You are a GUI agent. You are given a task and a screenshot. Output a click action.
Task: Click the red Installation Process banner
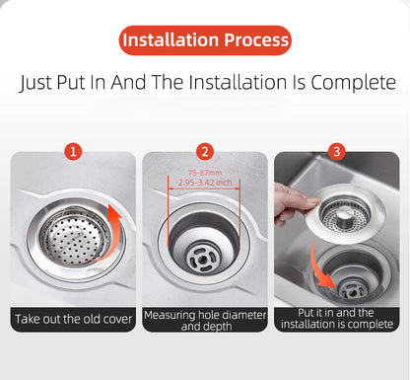(x=204, y=40)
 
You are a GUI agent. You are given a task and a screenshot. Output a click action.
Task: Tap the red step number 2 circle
(x=205, y=152)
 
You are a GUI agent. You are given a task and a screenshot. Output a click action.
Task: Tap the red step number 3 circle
(x=337, y=152)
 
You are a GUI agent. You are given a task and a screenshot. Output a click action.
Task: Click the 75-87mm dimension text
(x=204, y=172)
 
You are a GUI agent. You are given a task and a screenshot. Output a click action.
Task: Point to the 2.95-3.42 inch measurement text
(x=204, y=183)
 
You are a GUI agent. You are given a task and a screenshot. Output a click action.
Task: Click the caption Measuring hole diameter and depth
(x=204, y=319)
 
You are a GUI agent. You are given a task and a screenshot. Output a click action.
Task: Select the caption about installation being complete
(x=337, y=319)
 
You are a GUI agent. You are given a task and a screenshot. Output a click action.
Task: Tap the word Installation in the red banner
(x=169, y=40)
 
